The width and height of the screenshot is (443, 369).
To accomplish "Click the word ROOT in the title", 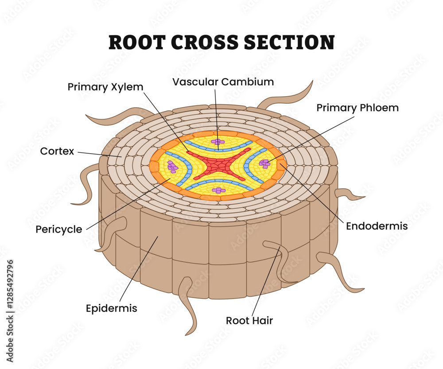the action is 137,43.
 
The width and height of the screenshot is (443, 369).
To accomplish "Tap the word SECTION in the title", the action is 289,43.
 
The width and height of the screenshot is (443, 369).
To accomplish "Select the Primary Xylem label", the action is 105,87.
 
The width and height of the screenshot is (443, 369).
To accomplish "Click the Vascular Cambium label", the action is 223,82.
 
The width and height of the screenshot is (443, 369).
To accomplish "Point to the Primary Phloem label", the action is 358,108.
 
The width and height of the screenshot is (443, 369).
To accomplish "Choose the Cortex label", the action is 57,151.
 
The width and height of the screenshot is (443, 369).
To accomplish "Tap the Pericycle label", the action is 59,229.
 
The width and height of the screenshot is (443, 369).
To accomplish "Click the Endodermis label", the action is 377,226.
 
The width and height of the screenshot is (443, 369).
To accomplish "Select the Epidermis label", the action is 111,308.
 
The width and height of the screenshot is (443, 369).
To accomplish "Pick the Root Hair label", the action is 249,321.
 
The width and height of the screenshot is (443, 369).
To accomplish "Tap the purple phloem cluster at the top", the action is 218,142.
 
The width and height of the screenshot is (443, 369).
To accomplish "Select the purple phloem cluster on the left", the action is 172,167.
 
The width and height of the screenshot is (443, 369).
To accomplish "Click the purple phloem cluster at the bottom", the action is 218,190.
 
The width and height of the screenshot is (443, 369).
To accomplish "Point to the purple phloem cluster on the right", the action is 265,163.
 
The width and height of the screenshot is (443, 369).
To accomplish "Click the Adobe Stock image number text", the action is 10,311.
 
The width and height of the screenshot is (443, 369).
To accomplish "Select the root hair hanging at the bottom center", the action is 188,305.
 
